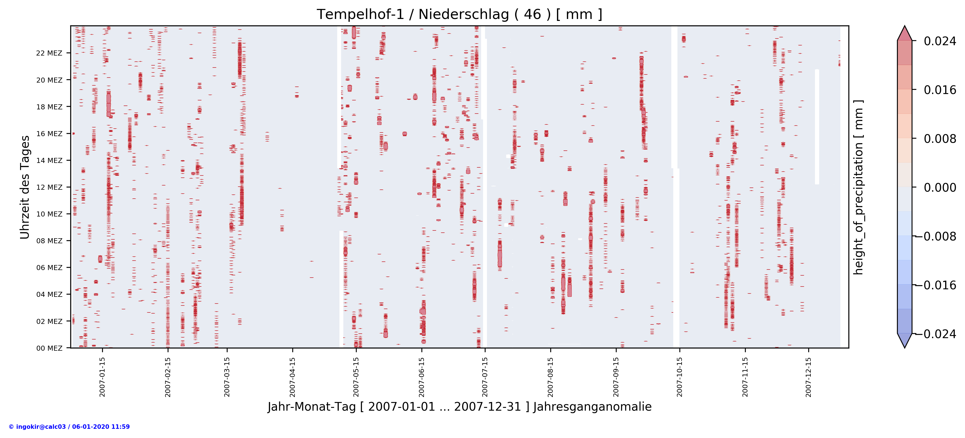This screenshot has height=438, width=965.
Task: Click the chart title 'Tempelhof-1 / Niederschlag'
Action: point(459,14)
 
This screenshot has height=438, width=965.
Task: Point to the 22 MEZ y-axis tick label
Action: point(49,53)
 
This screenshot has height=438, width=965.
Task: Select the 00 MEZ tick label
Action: point(49,348)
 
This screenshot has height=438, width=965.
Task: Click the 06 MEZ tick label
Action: point(49,268)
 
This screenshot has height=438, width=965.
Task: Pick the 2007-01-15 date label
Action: point(102,377)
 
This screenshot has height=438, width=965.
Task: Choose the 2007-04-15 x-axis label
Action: point(292,377)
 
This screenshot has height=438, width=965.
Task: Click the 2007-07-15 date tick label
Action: point(485,377)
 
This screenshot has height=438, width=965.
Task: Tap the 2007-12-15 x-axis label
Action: point(809,377)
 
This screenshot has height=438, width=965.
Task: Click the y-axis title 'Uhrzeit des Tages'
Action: point(25,187)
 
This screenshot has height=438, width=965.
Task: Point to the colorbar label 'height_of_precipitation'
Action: point(858,187)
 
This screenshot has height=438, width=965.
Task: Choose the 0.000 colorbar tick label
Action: point(940,187)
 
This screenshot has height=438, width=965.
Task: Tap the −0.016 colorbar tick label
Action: point(940,285)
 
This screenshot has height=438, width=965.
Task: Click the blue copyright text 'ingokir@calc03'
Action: point(69,427)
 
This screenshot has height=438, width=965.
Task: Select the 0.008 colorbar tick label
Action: point(940,139)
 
